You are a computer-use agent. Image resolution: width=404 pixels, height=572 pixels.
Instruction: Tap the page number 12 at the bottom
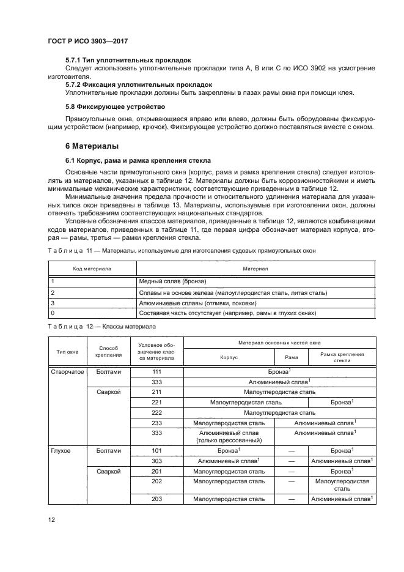point(52,519)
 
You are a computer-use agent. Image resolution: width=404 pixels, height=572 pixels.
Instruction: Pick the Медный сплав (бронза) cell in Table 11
point(174,281)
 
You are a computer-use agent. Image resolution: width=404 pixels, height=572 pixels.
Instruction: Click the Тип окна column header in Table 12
point(67,352)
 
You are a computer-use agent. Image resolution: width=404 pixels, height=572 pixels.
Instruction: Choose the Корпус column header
point(229,357)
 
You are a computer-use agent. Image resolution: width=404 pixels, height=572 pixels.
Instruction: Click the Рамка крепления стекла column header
point(342,357)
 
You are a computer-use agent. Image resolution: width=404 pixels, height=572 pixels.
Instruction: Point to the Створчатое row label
point(67,371)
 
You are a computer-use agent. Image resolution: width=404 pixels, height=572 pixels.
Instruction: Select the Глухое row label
point(60,450)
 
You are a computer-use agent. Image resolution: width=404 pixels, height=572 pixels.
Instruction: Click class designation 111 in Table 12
point(156,371)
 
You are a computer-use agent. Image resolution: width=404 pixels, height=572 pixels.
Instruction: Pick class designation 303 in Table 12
point(156,461)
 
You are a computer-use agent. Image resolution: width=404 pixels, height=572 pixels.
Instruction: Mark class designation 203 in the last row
point(156,499)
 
